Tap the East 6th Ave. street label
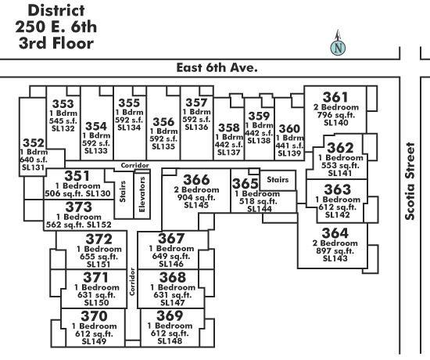pos(217,67)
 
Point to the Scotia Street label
pos(410,182)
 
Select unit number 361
pos(335,97)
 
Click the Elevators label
pos(142,194)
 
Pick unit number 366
pos(196,179)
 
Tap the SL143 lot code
pos(335,258)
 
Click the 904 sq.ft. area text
pos(196,197)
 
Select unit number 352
pos(33,142)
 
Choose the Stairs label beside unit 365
pos(278,179)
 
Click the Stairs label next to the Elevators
pos(123,192)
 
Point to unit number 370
pos(94,316)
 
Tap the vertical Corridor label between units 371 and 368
pos(132,282)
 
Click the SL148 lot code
pos(170,341)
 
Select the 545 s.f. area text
pos(63,121)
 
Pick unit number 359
pos(259,116)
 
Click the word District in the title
pos(56,10)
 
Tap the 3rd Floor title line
pos(56,43)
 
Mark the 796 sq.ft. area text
pos(335,115)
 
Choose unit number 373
pos(79,207)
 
